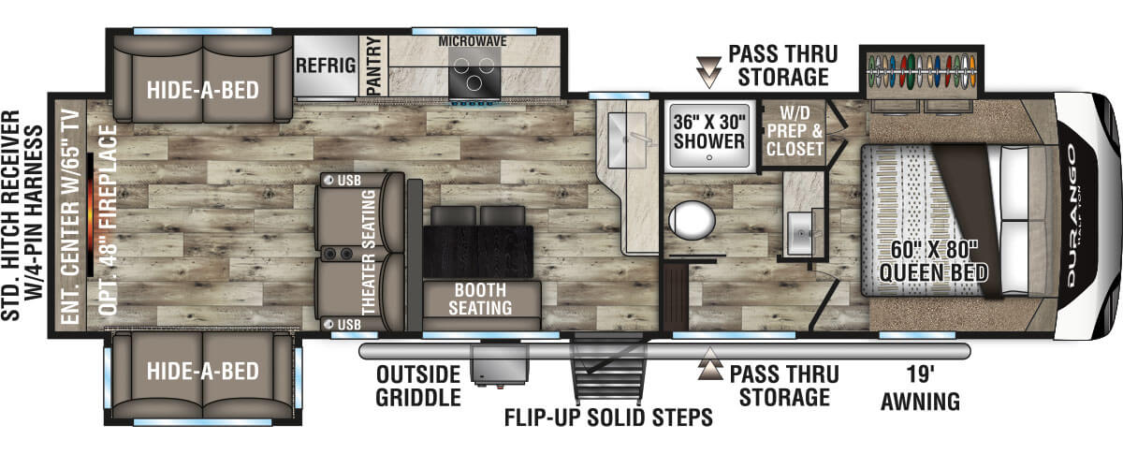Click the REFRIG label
pos(326,66)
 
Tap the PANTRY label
pos(374,66)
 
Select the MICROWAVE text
pos(473,41)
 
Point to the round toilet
pos(692,220)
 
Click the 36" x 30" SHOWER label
pos(709,131)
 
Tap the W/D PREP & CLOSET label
pos(795,130)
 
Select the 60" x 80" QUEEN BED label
pos(934,261)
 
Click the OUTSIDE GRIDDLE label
pos(418,386)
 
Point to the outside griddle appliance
pos(500,364)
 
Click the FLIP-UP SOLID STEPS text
pos(608,417)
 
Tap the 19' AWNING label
pos(921,388)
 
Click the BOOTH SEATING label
pos(480,299)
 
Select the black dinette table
pos(478,252)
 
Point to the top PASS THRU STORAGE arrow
pos(709,72)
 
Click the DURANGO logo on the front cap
pos(1072,215)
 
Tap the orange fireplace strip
pos(90,214)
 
